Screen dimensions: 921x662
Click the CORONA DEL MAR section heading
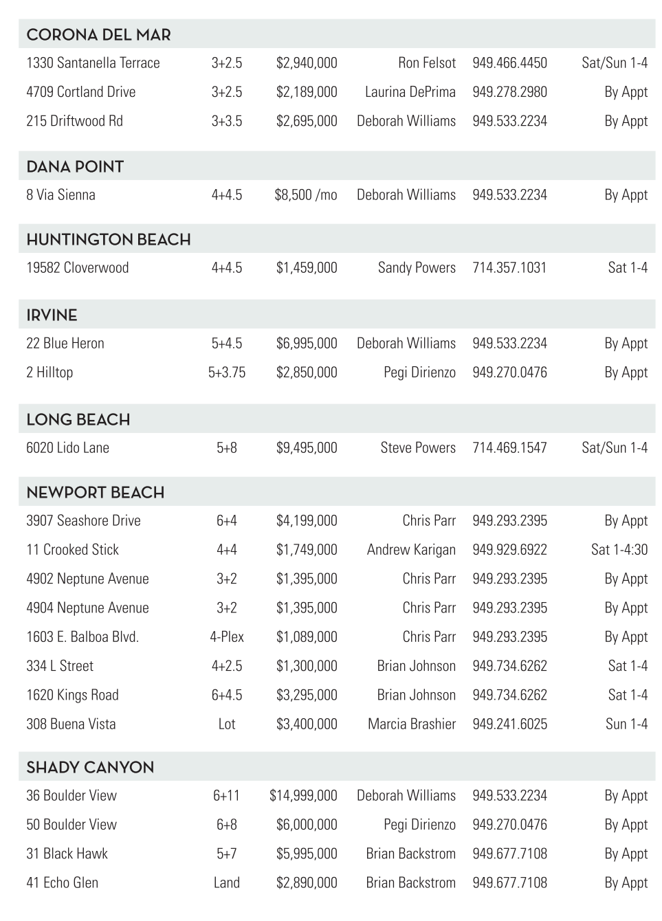(x=98, y=34)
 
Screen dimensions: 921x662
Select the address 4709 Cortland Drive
(x=80, y=92)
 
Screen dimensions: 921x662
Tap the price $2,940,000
(x=307, y=63)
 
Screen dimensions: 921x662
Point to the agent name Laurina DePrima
(x=410, y=92)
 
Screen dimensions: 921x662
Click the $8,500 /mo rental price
(x=306, y=195)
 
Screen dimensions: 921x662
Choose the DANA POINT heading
(x=75, y=166)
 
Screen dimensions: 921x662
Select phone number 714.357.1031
(x=509, y=268)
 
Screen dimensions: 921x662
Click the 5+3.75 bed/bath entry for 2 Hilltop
(x=227, y=373)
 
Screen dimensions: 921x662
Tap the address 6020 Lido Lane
(x=67, y=448)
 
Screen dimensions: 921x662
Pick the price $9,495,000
(x=307, y=448)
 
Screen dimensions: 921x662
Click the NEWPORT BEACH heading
(x=95, y=492)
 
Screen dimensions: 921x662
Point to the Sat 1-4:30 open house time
(x=619, y=550)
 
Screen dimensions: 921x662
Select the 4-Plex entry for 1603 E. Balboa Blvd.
(x=227, y=637)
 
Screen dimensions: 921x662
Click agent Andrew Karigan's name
(x=411, y=550)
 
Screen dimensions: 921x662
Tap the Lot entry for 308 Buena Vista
(x=227, y=724)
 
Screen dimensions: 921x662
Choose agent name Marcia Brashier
(x=411, y=724)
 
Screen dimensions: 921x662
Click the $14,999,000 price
(x=303, y=796)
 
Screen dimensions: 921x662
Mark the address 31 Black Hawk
(x=67, y=854)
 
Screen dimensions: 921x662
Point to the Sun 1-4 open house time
(x=626, y=724)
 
